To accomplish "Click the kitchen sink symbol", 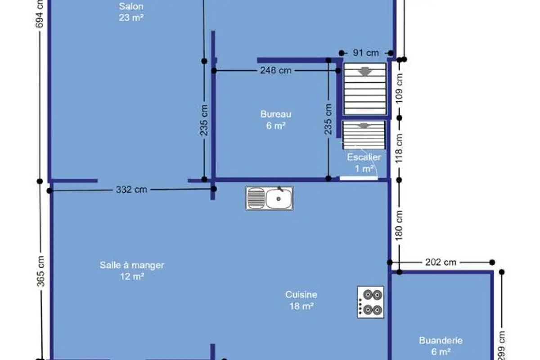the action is (269, 198).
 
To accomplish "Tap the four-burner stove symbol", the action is (370, 302).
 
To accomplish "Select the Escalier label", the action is (364, 157).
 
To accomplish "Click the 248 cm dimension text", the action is (276, 70).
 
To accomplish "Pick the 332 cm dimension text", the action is (131, 189).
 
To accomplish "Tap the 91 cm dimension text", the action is (366, 53).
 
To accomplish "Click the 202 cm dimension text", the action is (441, 262).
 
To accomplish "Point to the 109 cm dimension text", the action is (399, 89).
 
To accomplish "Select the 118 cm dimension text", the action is (399, 148).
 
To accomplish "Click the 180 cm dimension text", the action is (399, 225).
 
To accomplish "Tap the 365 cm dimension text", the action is (40, 271).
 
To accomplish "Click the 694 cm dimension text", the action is (39, 14).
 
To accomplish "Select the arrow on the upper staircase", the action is (365, 72).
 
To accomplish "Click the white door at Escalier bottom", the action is (359, 178).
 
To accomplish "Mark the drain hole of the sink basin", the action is (279, 199).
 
